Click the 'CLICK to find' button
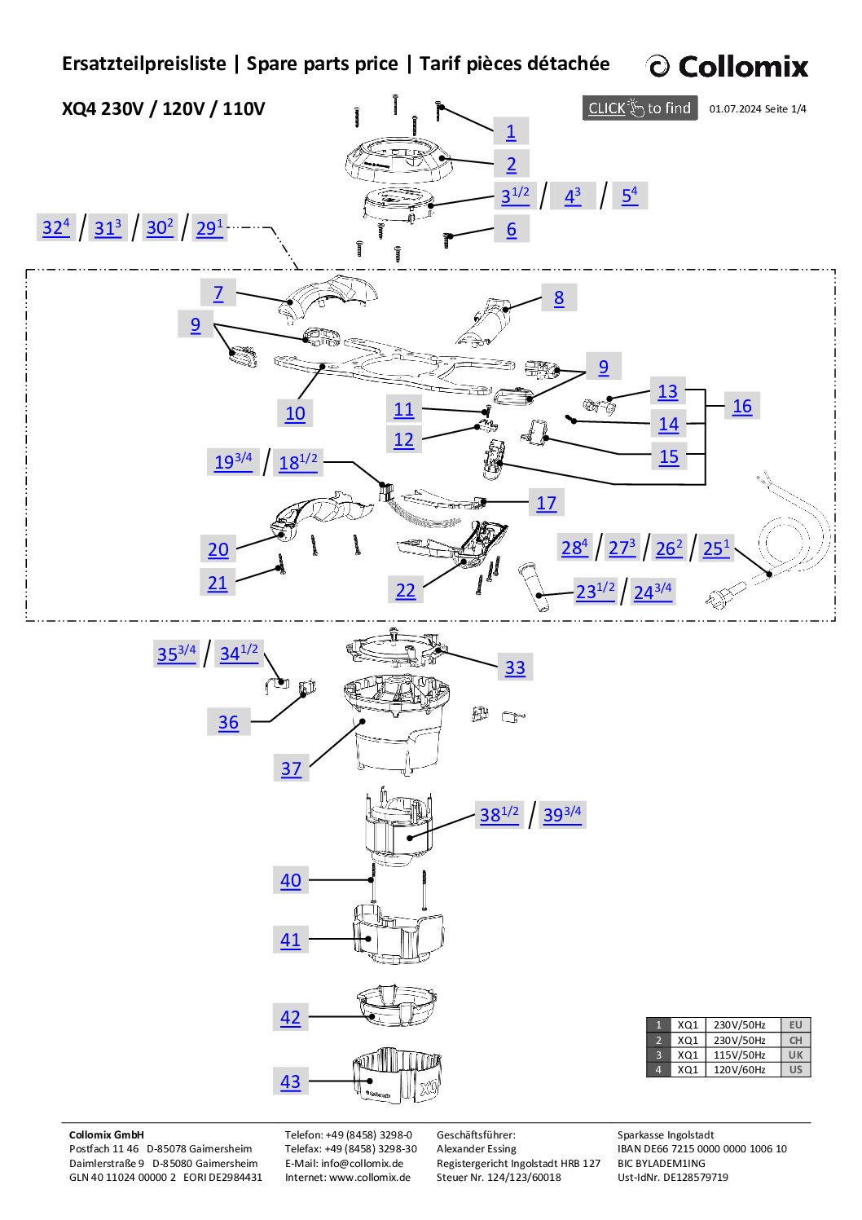640,108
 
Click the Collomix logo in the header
727,66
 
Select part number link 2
511,165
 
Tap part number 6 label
511,230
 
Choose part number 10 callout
295,414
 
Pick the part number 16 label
741,407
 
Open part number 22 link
405,591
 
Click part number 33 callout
515,668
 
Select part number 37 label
291,769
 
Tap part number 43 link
290,1082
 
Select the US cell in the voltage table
795,1070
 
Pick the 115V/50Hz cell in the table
739,1055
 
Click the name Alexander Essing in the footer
476,1149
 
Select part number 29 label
209,228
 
